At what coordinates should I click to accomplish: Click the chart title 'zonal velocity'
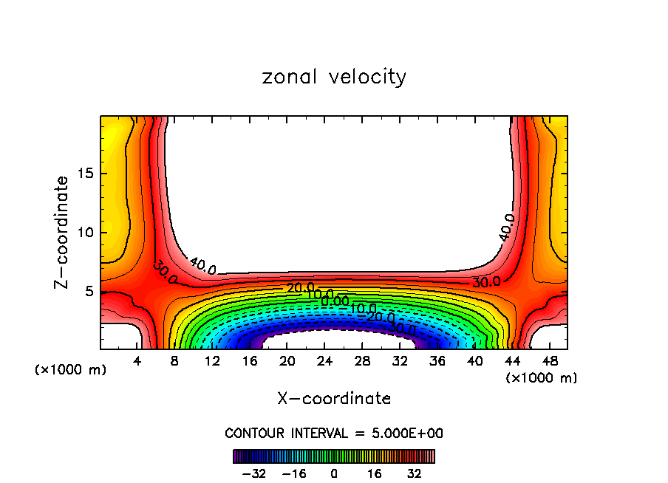tap(334, 77)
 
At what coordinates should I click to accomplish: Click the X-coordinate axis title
tap(334, 399)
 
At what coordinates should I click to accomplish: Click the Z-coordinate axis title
tap(63, 233)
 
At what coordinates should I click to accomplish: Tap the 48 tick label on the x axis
tap(550, 362)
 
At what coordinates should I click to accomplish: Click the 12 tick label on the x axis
tap(213, 362)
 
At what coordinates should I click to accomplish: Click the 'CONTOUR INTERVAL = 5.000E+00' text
tap(334, 434)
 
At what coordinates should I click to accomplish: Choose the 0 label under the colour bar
tap(334, 473)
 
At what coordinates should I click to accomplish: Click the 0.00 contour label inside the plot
tap(335, 301)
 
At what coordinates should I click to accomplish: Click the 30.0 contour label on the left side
tap(164, 273)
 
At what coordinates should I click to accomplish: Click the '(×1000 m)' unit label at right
tap(542, 378)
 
